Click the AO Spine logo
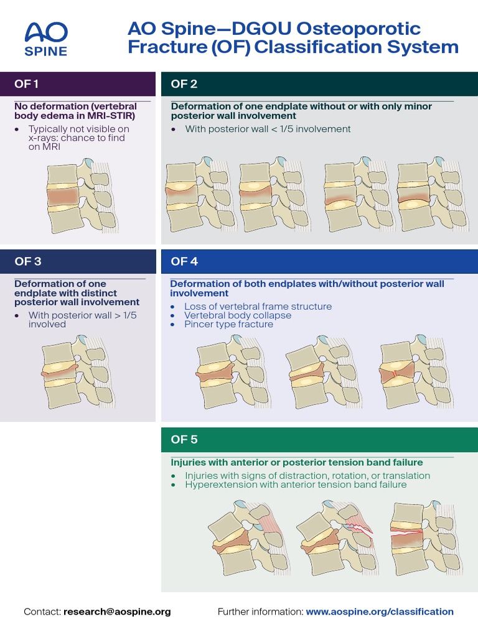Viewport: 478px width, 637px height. pyautogui.click(x=45, y=39)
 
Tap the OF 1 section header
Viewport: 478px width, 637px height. pyautogui.click(x=27, y=84)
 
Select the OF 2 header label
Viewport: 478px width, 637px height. pyautogui.click(x=184, y=84)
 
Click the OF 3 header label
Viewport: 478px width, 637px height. pyautogui.click(x=28, y=261)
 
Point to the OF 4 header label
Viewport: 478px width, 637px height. pyautogui.click(x=184, y=261)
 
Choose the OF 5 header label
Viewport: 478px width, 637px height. pyautogui.click(x=184, y=439)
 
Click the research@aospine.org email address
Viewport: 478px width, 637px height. pyautogui.click(x=117, y=611)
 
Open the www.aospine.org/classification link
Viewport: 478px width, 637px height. pyautogui.click(x=380, y=611)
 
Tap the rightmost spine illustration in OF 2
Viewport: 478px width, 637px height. pyautogui.click(x=430, y=197)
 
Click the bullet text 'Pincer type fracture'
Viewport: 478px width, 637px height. pyautogui.click(x=228, y=324)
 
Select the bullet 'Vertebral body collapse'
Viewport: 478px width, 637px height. pyautogui.click(x=238, y=315)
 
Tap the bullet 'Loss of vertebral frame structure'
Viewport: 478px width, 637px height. pyautogui.click(x=258, y=307)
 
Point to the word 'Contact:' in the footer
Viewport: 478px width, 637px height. pyautogui.click(x=42, y=611)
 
